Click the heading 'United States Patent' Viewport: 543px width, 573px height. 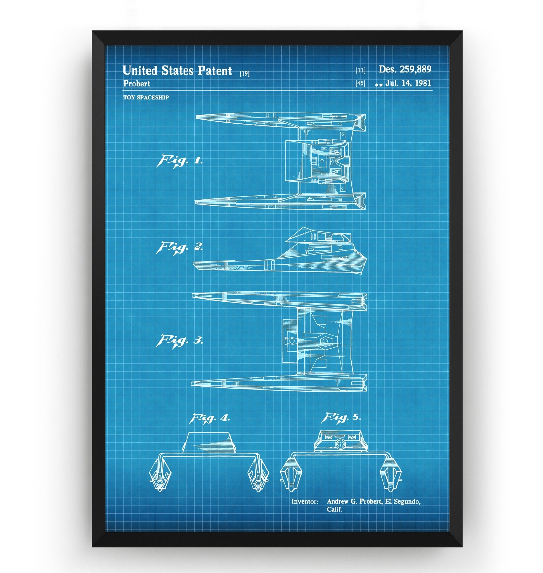tap(177, 70)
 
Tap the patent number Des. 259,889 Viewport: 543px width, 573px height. tap(405, 69)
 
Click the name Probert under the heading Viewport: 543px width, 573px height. tap(137, 84)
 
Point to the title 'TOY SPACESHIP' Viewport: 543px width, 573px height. tap(146, 97)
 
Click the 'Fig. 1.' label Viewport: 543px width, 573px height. tap(179, 161)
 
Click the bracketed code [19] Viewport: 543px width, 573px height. tap(245, 74)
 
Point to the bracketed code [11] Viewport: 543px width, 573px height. tap(361, 70)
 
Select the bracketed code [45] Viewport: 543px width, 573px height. tap(361, 84)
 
